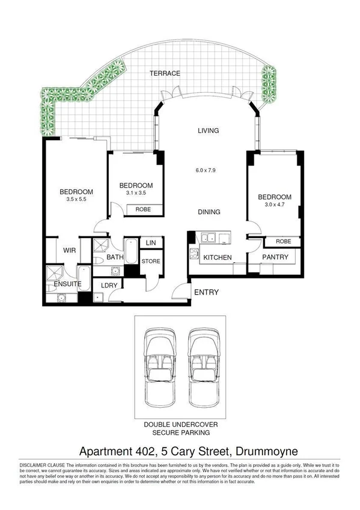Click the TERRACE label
click(165, 73)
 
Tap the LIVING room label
click(208, 131)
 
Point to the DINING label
click(208, 212)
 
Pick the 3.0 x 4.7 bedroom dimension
click(274, 204)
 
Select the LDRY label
click(109, 285)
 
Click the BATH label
click(115, 257)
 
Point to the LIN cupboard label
click(150, 242)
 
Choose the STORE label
click(150, 261)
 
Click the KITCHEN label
click(217, 257)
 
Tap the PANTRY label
click(275, 257)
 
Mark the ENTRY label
click(206, 293)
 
